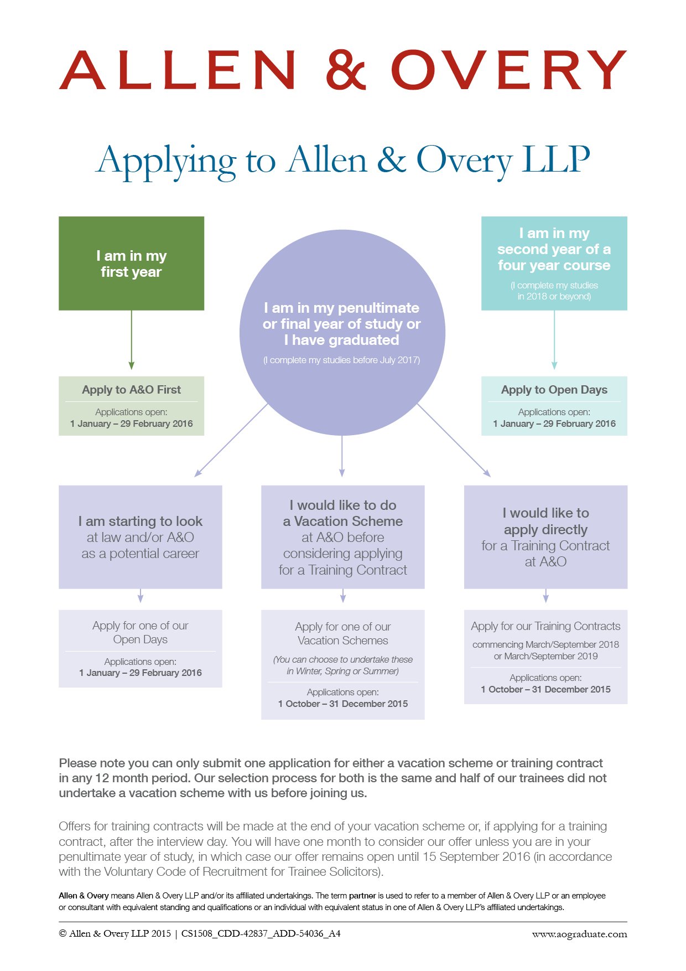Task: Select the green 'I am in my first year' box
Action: click(x=131, y=263)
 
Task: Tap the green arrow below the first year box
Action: click(x=131, y=340)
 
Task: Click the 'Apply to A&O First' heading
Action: click(x=131, y=390)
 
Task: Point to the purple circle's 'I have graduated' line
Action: click(x=341, y=340)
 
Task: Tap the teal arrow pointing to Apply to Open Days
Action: click(x=554, y=340)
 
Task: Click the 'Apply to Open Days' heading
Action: click(x=554, y=390)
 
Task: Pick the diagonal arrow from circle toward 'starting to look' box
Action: click(x=231, y=440)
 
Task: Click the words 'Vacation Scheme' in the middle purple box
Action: click(x=349, y=521)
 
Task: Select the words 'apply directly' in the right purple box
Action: click(x=545, y=530)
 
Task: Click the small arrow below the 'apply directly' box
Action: click(x=546, y=596)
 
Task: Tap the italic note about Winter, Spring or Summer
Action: click(x=342, y=665)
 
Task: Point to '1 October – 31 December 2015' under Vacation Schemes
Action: click(x=342, y=704)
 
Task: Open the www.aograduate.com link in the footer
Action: click(x=579, y=934)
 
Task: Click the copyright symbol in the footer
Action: click(x=63, y=934)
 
